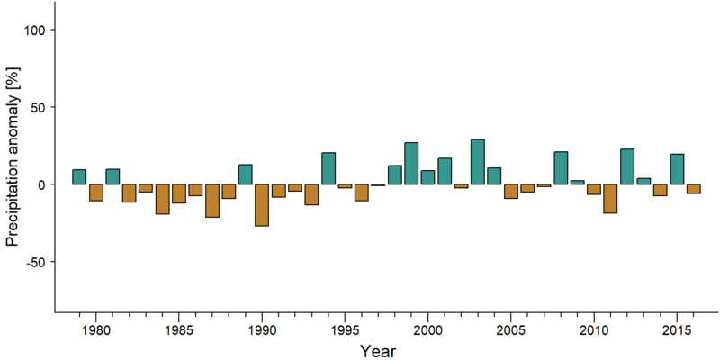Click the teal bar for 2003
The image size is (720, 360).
coord(478,162)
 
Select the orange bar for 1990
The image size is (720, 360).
coord(262,205)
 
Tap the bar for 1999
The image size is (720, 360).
coord(411,164)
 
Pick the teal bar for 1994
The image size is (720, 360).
coord(328,168)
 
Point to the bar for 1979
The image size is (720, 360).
coord(79,176)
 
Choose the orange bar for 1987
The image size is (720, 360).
coord(212,201)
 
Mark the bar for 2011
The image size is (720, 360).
coord(610,199)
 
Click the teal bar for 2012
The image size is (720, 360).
coord(627,166)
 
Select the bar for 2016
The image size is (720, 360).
coord(693,189)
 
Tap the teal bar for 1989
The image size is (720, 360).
coord(245,175)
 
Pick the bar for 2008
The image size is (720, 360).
coord(561,168)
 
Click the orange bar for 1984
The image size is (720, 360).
coord(162,199)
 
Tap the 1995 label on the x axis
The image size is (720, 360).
coord(345,331)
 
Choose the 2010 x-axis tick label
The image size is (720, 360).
coord(594,331)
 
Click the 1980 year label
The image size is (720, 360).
coord(95,331)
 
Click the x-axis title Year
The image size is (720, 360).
coord(377,351)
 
